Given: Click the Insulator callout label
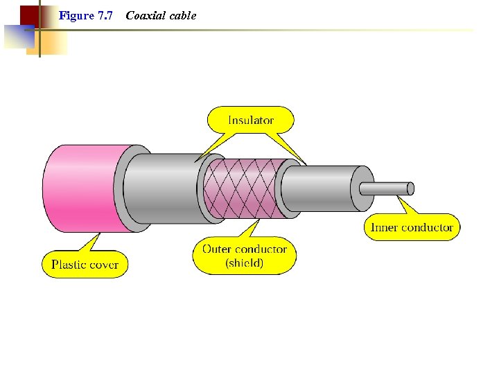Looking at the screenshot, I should [x=251, y=120].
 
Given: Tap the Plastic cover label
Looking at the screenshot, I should [x=85, y=265].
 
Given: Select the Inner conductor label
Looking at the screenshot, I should [x=412, y=227].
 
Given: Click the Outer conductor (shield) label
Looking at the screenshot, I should [x=244, y=256].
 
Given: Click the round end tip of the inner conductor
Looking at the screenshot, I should [x=410, y=188].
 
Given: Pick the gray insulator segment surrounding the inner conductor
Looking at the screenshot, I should [x=322, y=188].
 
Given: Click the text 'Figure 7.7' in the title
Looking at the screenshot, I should [x=86, y=15].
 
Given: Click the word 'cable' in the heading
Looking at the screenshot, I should [x=182, y=15].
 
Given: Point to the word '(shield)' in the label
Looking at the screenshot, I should [x=244, y=263].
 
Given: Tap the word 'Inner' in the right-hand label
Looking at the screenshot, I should [x=385, y=227].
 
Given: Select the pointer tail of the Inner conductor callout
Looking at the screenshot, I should [x=405, y=206].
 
